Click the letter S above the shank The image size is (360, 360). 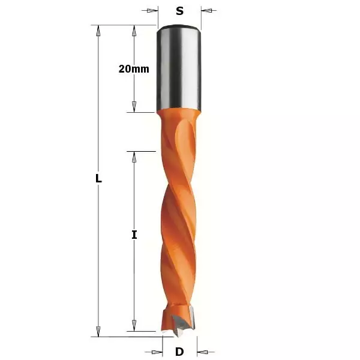click(x=179, y=10)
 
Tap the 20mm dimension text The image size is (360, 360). click(x=134, y=68)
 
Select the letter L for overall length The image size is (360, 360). click(x=99, y=179)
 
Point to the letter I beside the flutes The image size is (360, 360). click(x=134, y=235)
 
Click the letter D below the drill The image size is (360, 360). click(x=179, y=352)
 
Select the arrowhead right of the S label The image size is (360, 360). click(x=206, y=10)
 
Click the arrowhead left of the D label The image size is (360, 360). click(x=158, y=352)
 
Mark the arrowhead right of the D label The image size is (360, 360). click(x=202, y=352)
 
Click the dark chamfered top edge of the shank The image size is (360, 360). click(x=179, y=27)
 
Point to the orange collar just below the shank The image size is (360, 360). click(x=179, y=117)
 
